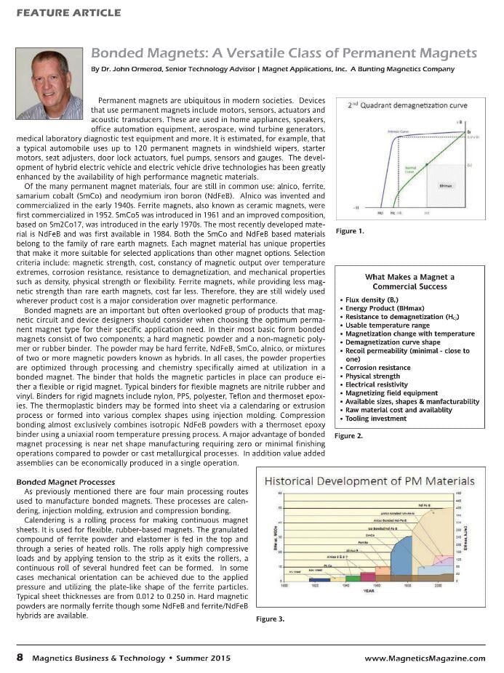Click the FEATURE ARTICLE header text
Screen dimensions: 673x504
68,13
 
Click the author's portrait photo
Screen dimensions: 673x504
49,84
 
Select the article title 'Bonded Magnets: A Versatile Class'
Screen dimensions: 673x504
284,54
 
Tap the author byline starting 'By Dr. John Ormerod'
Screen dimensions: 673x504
273,69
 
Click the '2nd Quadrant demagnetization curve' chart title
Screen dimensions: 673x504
407,105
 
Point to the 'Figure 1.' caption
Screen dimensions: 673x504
351,231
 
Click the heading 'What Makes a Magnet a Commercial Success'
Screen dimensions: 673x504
409,281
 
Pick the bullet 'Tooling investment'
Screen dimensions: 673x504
378,419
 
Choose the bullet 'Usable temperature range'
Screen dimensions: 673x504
388,326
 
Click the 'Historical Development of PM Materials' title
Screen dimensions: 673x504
369,481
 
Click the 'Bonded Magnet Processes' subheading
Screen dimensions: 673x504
65,482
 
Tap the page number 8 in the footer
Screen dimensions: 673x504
20,657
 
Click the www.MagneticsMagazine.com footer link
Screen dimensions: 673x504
425,658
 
